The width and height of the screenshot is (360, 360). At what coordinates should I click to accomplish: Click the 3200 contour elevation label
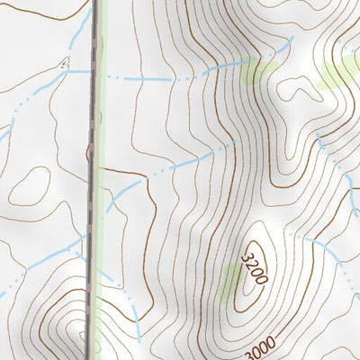[254, 269]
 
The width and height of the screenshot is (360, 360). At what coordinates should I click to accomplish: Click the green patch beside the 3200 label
[231, 284]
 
